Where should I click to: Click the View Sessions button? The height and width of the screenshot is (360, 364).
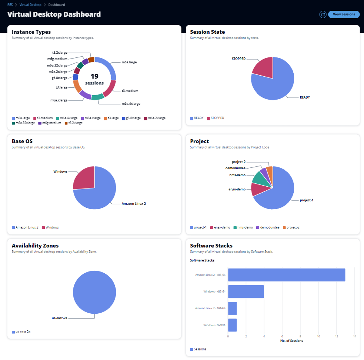point(344,14)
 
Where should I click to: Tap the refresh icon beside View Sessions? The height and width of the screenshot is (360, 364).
point(323,14)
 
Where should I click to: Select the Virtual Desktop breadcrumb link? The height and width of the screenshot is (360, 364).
point(30,5)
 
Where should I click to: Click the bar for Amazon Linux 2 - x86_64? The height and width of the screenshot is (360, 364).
point(286,275)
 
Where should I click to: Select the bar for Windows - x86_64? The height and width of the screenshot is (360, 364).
point(246,291)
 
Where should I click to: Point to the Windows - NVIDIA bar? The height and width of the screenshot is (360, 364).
point(232,325)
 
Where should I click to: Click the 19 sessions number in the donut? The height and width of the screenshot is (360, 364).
point(94,76)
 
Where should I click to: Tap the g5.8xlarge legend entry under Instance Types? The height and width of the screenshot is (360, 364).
point(132,118)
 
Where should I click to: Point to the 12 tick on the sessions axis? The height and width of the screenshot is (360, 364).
point(337,336)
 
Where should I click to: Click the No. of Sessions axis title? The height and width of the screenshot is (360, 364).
point(291,341)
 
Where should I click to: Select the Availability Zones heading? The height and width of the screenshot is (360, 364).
point(35,246)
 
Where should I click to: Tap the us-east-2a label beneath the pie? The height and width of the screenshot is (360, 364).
point(59,318)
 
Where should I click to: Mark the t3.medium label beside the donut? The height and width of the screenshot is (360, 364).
point(130,91)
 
